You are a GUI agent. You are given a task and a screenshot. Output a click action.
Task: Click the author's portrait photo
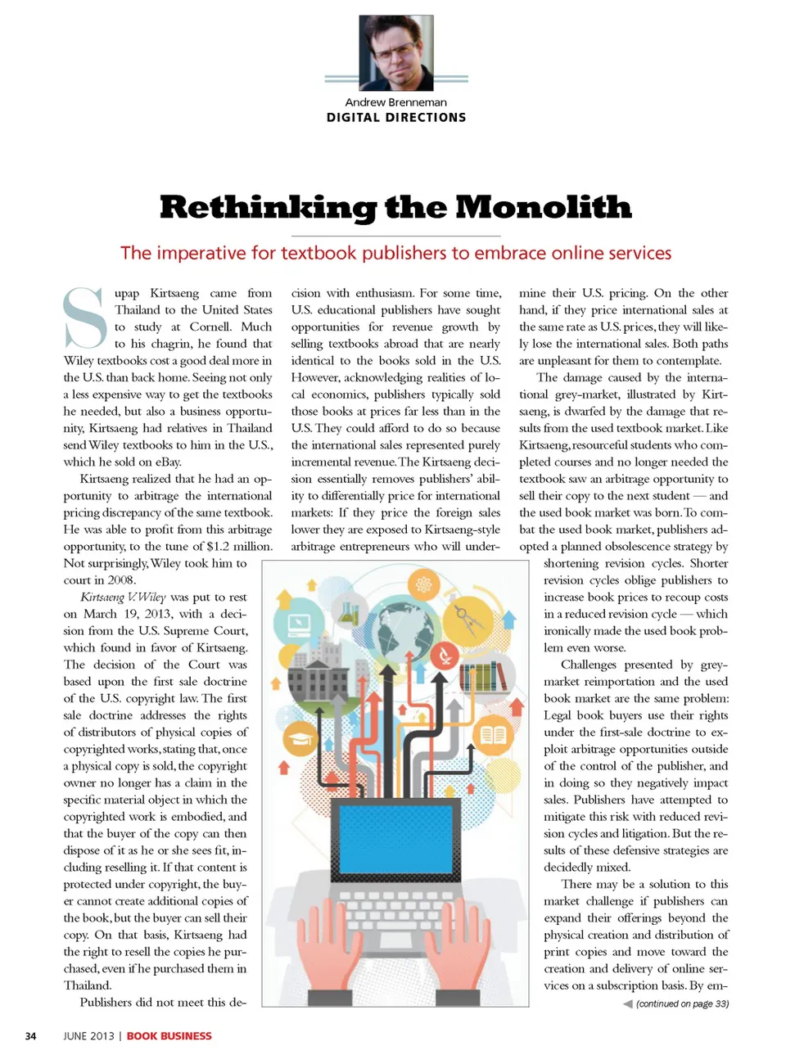[x=396, y=53]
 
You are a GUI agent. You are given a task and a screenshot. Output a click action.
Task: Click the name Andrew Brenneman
[x=395, y=102]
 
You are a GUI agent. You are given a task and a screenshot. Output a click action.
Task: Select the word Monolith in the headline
[x=543, y=207]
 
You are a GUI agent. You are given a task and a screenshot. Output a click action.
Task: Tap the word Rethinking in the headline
[x=267, y=207]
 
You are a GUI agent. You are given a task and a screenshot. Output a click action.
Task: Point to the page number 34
[x=30, y=1036]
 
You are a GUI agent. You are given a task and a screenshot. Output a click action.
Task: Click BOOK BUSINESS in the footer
[x=169, y=1036]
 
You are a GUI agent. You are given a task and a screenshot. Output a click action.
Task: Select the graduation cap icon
[x=300, y=739]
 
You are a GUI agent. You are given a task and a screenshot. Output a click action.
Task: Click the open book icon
[x=492, y=734]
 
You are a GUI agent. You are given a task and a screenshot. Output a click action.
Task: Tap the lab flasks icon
[x=349, y=611]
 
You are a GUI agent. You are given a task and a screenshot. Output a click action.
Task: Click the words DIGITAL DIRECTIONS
[x=396, y=117]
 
